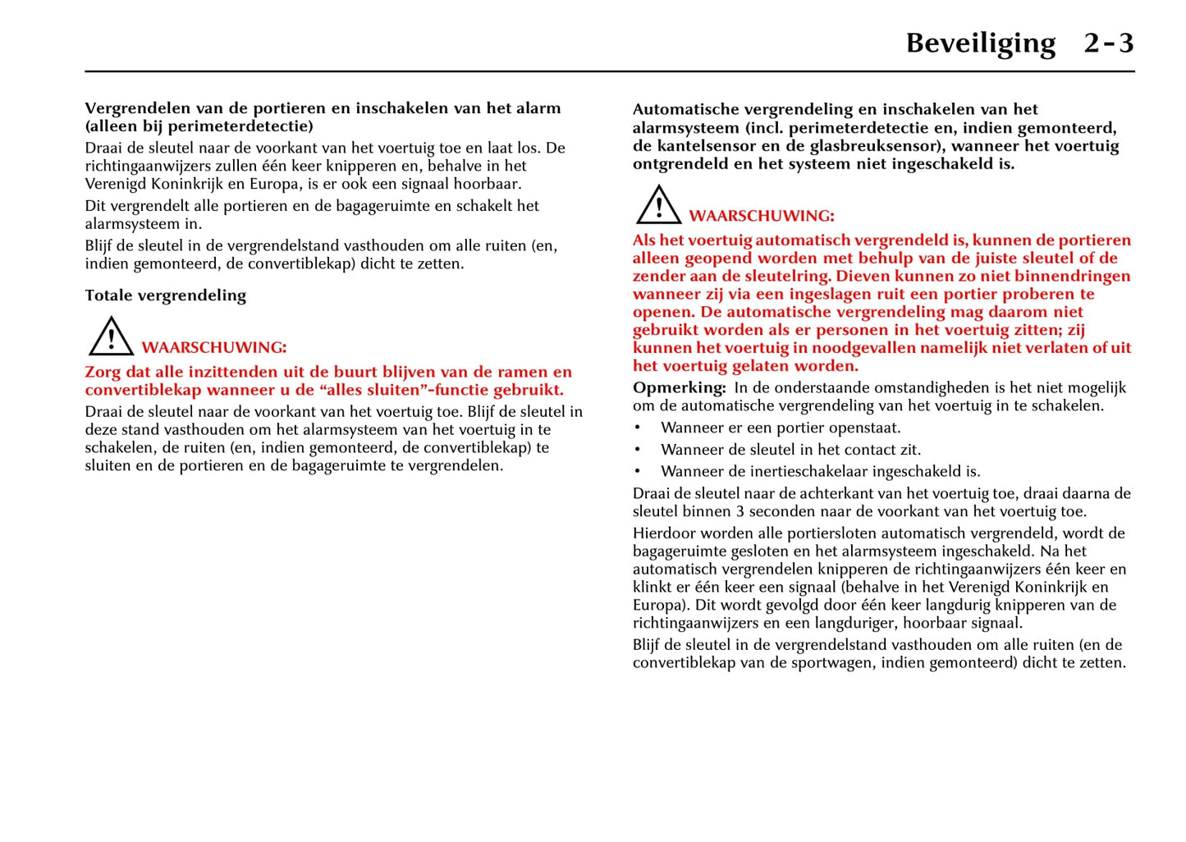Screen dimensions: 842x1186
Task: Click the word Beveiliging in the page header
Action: (x=980, y=43)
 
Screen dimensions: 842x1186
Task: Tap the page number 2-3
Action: (x=1108, y=43)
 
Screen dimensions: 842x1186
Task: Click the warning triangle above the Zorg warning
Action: (x=111, y=336)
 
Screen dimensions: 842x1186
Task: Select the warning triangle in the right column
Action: (x=658, y=205)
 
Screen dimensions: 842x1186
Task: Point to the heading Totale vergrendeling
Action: (x=165, y=295)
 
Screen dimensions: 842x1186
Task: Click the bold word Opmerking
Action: (x=679, y=387)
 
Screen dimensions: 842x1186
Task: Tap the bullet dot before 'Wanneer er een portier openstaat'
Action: (x=638, y=428)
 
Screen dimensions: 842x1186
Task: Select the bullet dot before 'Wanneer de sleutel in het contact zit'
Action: (x=638, y=450)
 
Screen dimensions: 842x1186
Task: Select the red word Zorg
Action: (x=103, y=372)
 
